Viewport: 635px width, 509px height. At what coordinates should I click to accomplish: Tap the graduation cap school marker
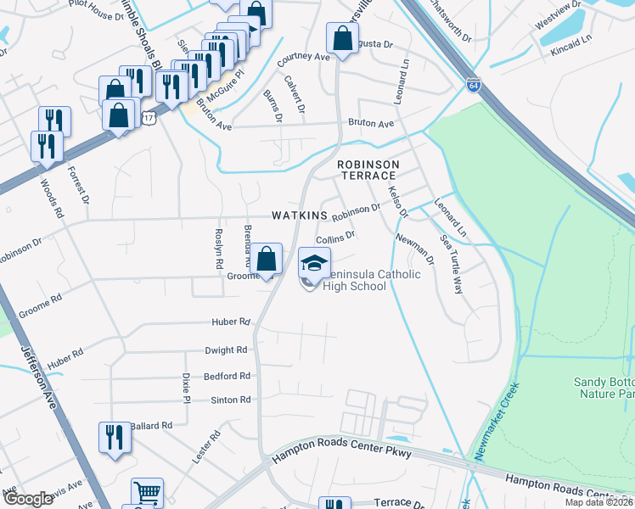point(314,265)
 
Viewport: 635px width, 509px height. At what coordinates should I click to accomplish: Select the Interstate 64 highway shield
point(474,86)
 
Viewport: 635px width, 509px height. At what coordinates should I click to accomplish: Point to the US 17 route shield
point(149,118)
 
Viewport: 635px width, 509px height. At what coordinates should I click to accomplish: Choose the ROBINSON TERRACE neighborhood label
point(367,170)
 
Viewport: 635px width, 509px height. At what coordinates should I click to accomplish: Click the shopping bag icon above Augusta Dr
point(342,39)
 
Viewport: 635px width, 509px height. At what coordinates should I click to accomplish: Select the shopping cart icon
point(147,493)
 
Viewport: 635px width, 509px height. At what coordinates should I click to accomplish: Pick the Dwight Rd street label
point(226,350)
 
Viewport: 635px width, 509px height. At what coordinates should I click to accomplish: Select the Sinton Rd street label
point(231,399)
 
